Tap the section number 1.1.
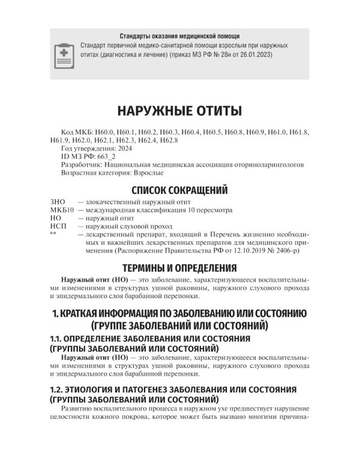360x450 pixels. (x=58, y=339)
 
